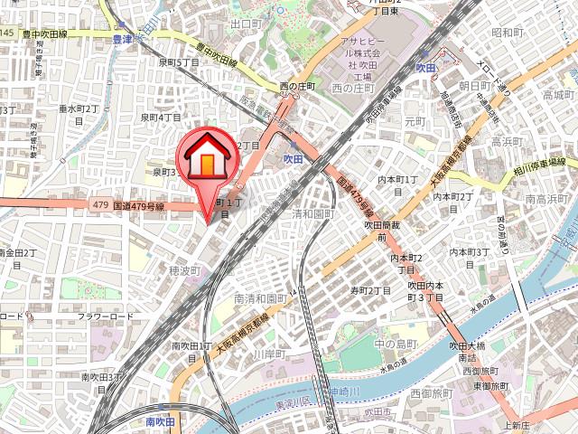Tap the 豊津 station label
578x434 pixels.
(122, 39)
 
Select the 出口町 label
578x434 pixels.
(247, 24)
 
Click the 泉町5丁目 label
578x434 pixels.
(179, 62)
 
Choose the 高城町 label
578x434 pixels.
(558, 94)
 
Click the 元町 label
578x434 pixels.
(415, 120)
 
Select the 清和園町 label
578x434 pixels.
(313, 214)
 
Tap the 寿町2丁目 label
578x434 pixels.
(370, 290)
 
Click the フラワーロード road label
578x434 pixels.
(105, 316)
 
